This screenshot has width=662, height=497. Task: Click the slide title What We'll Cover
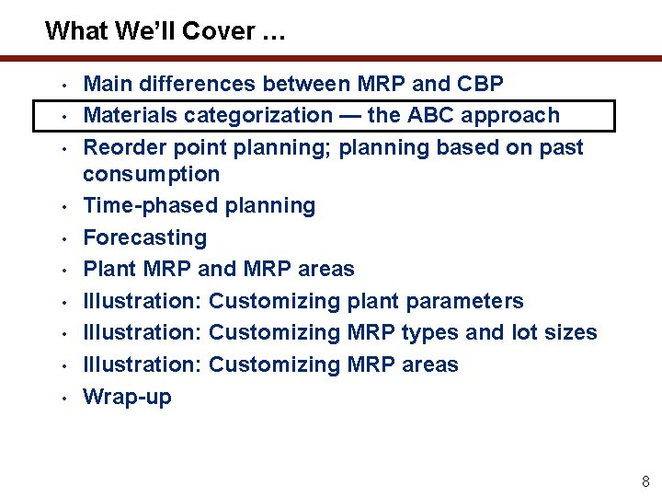click(165, 31)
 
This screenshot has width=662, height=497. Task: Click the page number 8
click(645, 480)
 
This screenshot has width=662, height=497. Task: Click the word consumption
click(152, 174)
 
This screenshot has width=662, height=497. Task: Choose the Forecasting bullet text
click(145, 237)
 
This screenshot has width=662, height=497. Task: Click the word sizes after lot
click(569, 332)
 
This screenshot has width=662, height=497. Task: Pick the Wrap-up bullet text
click(127, 397)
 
